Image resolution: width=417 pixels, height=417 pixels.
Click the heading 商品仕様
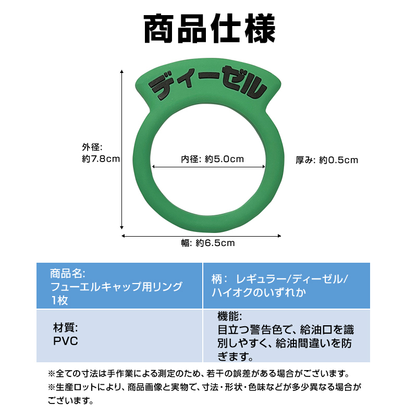208,30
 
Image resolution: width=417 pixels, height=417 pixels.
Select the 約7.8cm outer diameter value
101,160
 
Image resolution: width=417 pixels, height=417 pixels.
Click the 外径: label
93,148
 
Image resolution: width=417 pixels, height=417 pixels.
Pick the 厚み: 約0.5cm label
327,160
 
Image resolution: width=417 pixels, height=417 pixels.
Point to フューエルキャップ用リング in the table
116,287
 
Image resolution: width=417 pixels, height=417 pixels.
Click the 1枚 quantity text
59,300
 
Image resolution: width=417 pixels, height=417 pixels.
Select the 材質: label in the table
66,328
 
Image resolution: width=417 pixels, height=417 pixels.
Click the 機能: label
229,316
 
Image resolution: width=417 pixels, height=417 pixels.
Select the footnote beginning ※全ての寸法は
198,374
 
